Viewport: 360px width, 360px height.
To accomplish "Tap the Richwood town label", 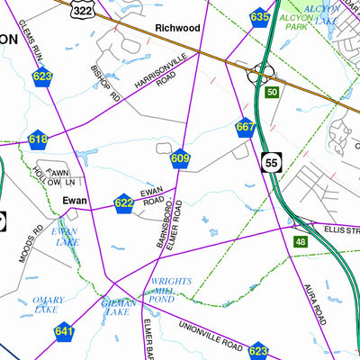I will click(x=177, y=28).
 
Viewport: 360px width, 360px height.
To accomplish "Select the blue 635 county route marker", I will click(x=260, y=18).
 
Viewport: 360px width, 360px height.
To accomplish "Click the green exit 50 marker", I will click(x=271, y=92).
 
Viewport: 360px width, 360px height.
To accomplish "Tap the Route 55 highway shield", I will click(x=272, y=162).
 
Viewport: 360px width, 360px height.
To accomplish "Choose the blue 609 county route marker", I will click(x=180, y=159).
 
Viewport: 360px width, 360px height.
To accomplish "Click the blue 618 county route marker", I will click(x=38, y=139).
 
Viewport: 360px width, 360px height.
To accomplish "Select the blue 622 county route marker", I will click(x=124, y=204).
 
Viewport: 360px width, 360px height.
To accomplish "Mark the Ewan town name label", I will click(x=74, y=202).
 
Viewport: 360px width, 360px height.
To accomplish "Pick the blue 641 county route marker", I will click(x=64, y=332).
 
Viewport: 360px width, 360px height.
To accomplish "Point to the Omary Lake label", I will click(x=47, y=305).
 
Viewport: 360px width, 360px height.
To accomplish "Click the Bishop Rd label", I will click(x=104, y=81).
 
